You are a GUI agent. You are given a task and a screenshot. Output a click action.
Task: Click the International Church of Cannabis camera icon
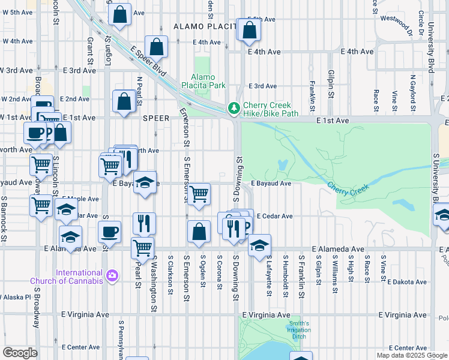111,275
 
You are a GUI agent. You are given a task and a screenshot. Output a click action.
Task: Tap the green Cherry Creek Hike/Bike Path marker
233,109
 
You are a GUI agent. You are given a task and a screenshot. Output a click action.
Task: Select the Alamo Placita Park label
208,81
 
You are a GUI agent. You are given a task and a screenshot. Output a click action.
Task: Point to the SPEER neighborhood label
157,118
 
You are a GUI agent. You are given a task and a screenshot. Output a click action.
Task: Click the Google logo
20,352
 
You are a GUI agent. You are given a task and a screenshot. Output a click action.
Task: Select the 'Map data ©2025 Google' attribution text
412,355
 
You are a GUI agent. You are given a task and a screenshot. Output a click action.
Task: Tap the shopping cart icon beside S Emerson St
199,194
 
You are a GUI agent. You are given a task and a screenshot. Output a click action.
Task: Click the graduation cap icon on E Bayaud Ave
145,183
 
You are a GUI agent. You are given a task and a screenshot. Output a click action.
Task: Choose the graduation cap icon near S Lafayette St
259,245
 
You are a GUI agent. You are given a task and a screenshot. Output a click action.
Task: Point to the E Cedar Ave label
274,216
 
